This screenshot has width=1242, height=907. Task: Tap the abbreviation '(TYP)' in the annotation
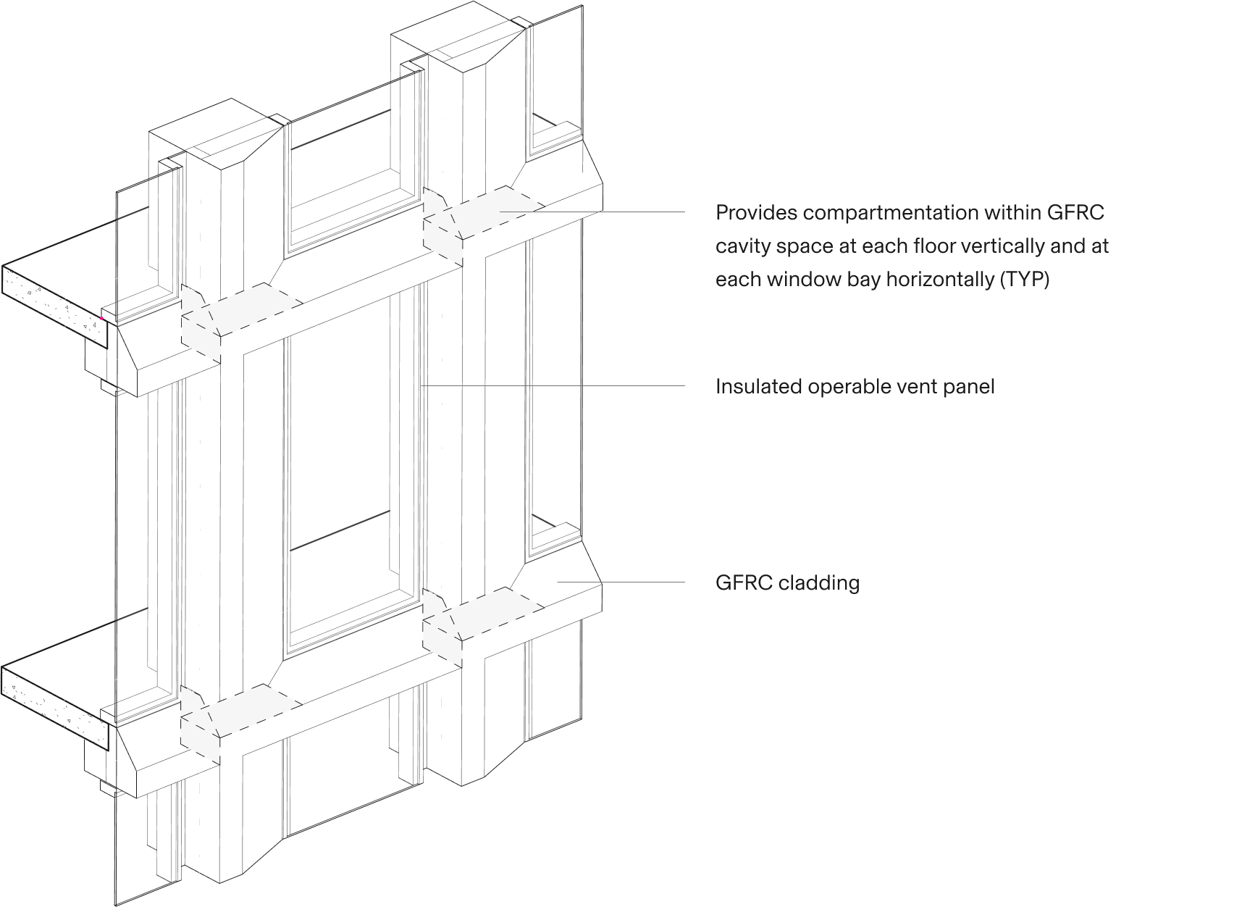[1024, 280]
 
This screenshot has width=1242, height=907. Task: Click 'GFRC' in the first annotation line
[1075, 213]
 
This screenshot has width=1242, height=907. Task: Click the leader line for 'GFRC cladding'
[621, 582]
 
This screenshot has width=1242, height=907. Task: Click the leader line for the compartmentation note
[592, 212]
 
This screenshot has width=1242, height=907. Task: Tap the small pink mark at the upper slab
[101, 318]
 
